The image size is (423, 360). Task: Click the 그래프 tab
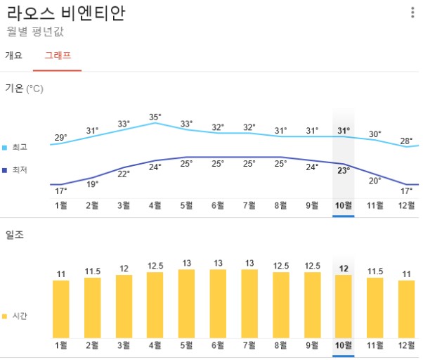58,55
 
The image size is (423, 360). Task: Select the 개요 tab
14,55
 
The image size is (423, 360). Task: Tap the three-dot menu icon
412,13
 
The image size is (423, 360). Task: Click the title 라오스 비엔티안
66,13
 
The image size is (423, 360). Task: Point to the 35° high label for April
155,117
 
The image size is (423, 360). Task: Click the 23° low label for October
344,170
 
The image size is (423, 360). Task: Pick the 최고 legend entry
19,147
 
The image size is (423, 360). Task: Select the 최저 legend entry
19,169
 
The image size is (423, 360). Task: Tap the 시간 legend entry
19,316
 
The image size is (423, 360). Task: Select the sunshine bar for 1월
61,309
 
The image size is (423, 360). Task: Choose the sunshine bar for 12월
406,309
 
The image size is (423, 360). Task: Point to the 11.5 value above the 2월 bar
92,271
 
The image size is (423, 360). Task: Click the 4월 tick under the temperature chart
155,205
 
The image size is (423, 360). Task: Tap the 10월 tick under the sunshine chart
344,345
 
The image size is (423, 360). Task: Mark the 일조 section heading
14,235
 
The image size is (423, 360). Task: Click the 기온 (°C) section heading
24,89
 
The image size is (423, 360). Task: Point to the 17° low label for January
61,191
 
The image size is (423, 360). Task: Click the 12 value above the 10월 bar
344,269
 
